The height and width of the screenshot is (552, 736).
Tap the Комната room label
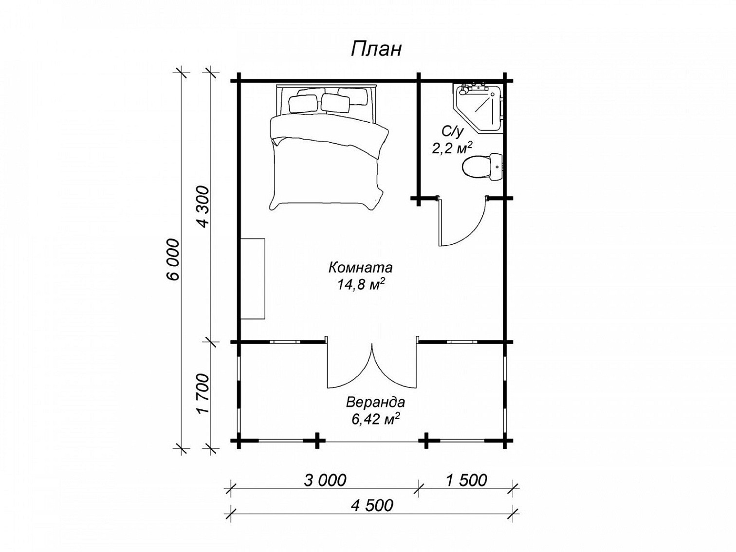pyautogui.click(x=361, y=268)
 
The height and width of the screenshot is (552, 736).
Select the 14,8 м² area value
pyautogui.click(x=361, y=285)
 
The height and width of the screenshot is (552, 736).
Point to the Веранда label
pyautogui.click(x=375, y=402)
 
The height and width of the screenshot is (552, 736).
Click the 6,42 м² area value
pyautogui.click(x=375, y=419)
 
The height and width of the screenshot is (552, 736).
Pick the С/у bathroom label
pyautogui.click(x=452, y=132)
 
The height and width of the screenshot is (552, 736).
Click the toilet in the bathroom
pyautogui.click(x=482, y=167)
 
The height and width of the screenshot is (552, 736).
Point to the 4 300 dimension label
pyautogui.click(x=203, y=207)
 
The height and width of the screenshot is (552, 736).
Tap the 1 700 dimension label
pyautogui.click(x=203, y=394)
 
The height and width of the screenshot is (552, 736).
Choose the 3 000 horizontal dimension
pyautogui.click(x=325, y=480)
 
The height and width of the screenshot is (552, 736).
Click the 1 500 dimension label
pyautogui.click(x=466, y=480)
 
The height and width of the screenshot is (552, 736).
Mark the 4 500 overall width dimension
pyautogui.click(x=372, y=505)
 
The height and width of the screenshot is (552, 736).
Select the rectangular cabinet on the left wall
pyautogui.click(x=253, y=279)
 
